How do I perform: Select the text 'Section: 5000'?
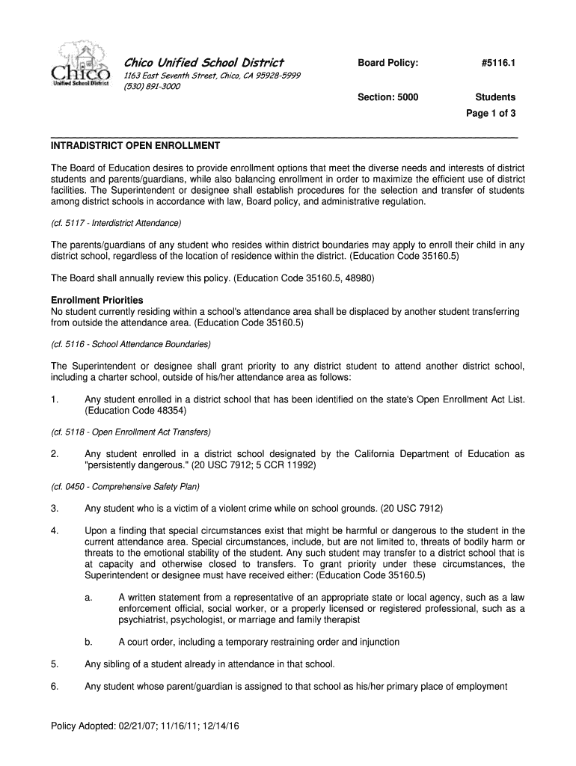(x=387, y=97)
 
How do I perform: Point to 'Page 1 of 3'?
(x=491, y=114)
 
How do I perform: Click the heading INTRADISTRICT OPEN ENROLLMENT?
(x=135, y=145)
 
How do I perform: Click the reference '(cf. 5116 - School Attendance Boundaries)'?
(x=130, y=344)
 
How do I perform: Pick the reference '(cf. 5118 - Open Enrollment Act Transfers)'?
(x=130, y=432)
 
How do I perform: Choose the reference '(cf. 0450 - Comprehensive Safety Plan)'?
(x=125, y=486)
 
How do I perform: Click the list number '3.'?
(x=55, y=509)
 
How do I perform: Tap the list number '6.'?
(x=55, y=686)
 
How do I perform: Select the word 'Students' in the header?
(x=495, y=97)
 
